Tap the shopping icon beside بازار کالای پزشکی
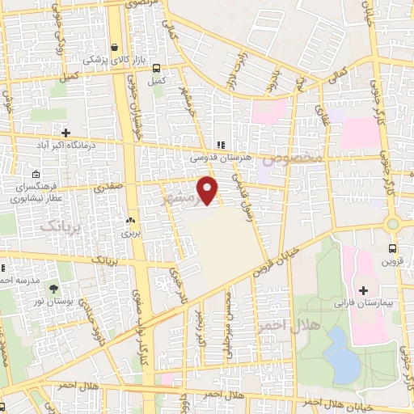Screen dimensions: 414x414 tap(115, 47)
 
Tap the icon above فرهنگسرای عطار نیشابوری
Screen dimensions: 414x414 tap(36, 174)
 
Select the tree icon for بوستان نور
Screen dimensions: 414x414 tap(54, 288)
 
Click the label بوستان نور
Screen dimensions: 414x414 tap(54, 301)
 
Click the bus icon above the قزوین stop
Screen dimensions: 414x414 tap(392, 248)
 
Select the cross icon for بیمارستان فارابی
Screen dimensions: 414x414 tap(363, 290)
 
